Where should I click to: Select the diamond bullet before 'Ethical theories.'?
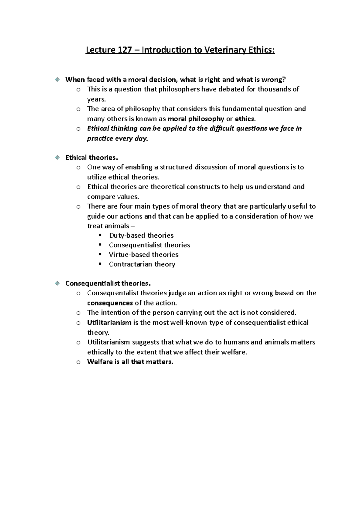click(x=57, y=157)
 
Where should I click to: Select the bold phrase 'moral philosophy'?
click(x=196, y=119)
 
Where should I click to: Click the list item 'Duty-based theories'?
click(x=141, y=235)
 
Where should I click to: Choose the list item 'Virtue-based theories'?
click(x=143, y=255)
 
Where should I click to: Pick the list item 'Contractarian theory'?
click(x=142, y=264)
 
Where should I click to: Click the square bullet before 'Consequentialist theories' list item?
click(x=100, y=245)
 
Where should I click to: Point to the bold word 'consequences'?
click(x=110, y=303)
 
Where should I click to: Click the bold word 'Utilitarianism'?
click(x=109, y=323)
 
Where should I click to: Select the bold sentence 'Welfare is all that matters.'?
click(x=130, y=362)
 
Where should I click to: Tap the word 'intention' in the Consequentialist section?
click(x=115, y=313)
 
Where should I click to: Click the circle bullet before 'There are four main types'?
click(x=78, y=207)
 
